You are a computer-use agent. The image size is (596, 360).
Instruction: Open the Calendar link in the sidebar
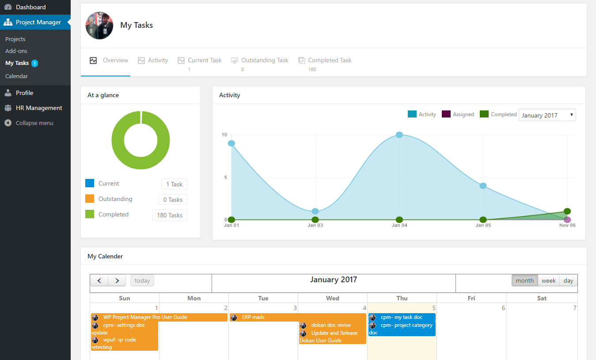click(x=16, y=76)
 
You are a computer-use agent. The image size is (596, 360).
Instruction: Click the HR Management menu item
click(x=39, y=108)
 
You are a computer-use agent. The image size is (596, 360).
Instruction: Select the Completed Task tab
click(x=325, y=61)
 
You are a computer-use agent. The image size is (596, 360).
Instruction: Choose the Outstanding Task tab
click(x=260, y=61)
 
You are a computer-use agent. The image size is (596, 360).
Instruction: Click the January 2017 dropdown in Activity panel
click(x=547, y=115)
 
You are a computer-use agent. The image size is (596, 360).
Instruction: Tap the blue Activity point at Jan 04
click(x=399, y=135)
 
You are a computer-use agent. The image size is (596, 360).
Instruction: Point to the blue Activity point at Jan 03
click(x=315, y=211)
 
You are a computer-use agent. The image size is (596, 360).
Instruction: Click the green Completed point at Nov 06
click(x=567, y=211)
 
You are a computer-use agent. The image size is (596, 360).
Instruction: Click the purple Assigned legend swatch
click(x=446, y=114)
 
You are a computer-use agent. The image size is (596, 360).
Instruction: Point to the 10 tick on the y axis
click(x=224, y=135)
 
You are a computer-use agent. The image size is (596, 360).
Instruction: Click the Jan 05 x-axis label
click(x=483, y=225)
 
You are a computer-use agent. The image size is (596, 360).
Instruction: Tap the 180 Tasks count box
click(x=170, y=215)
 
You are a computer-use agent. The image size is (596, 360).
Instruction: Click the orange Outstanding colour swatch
click(x=90, y=198)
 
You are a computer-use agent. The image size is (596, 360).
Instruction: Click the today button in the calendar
click(x=142, y=280)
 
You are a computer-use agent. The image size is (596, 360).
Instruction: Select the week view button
click(x=548, y=280)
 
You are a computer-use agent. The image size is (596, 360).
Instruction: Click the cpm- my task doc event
click(x=402, y=317)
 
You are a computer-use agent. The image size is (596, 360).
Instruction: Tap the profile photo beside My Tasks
click(x=99, y=26)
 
